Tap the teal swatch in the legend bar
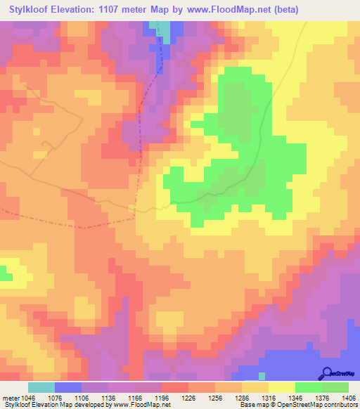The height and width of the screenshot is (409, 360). pyautogui.click(x=41, y=387)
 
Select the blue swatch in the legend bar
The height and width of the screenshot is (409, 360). pyautogui.click(x=68, y=387)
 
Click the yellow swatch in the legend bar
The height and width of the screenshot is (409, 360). pyautogui.click(x=281, y=387)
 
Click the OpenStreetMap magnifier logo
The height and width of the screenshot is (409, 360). pyautogui.click(x=327, y=373)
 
